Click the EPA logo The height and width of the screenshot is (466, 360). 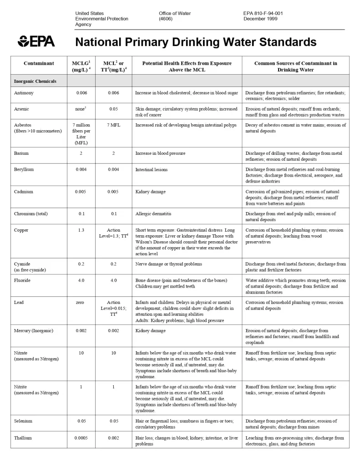click(x=36, y=41)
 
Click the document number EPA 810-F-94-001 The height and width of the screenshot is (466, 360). click(x=263, y=13)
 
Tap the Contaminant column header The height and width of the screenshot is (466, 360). click(x=39, y=63)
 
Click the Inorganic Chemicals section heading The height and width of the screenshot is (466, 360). click(x=35, y=81)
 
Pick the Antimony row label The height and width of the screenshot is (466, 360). click(x=24, y=93)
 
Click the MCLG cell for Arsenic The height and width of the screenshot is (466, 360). click(x=81, y=109)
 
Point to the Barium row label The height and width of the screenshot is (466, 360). click(x=21, y=153)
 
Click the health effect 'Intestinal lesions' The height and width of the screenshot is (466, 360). click(x=151, y=170)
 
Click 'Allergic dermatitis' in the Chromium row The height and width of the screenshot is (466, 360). click(x=153, y=213)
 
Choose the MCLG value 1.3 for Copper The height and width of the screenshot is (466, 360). click(x=81, y=230)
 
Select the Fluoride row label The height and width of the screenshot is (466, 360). click(x=22, y=280)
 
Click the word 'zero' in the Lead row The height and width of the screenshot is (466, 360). click(x=81, y=302)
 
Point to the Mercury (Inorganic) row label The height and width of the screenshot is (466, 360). click(x=34, y=330)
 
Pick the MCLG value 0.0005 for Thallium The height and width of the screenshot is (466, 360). click(x=81, y=438)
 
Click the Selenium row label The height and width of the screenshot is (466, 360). click(x=23, y=421)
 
